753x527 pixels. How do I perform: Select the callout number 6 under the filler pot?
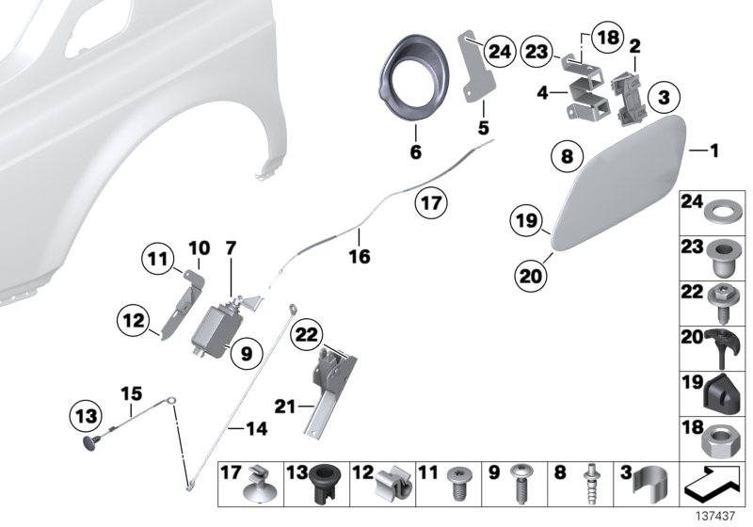point(415,151)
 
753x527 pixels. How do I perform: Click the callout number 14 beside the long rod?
point(256,428)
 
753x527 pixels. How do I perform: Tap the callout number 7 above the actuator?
point(231,248)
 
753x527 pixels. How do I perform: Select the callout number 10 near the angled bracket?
point(198,248)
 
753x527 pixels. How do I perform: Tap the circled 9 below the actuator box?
point(243,353)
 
